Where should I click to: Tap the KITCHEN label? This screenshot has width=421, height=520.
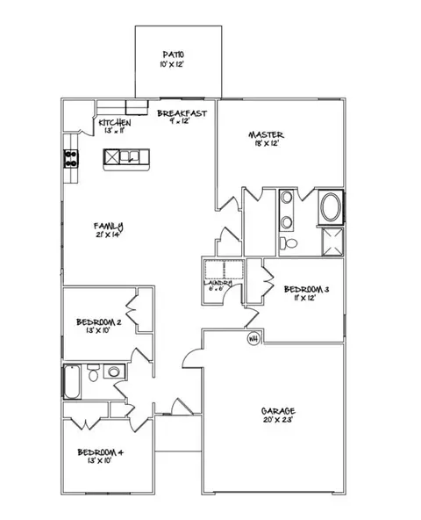[x=115, y=122]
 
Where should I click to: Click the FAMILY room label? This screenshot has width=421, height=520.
[x=109, y=225]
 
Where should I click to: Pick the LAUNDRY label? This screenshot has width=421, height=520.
[x=219, y=282]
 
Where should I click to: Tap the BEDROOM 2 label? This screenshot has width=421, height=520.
[x=99, y=322]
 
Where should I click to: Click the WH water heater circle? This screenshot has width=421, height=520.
[x=254, y=338]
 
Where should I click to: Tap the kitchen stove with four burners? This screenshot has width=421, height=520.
[x=70, y=159]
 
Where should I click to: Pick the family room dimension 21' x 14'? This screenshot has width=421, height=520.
[x=109, y=235]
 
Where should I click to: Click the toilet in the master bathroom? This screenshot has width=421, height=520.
[x=289, y=242]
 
